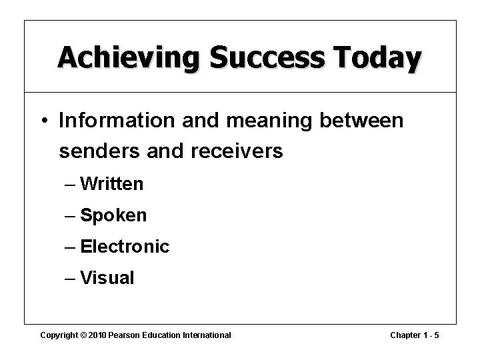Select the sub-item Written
click(111, 184)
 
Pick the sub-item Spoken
click(113, 216)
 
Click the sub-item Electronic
click(125, 247)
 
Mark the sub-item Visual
click(107, 278)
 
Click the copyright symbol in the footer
click(84, 335)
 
